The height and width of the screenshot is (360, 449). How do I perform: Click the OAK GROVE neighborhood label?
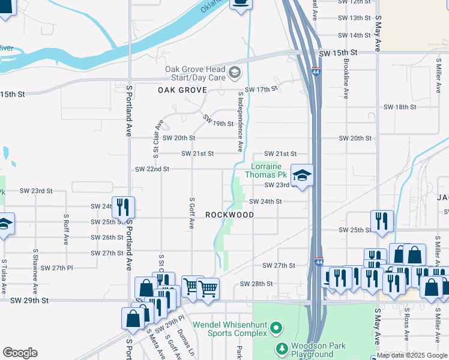[182, 90]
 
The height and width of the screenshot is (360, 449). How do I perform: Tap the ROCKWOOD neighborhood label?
[229, 215]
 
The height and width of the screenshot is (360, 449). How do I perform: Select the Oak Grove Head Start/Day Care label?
[196, 73]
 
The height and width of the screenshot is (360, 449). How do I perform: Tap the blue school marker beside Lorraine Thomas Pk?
[302, 176]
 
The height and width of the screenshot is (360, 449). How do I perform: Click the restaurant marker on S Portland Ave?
[123, 208]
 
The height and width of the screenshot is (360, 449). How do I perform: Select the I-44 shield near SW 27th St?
[319, 262]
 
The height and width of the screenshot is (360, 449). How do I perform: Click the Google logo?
[20, 353]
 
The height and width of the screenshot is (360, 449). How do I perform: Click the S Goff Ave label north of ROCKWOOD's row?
[191, 214]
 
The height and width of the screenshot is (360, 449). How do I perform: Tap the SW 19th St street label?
[217, 121]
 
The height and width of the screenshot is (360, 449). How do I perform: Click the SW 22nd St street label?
[152, 169]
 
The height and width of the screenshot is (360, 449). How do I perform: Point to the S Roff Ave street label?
[66, 231]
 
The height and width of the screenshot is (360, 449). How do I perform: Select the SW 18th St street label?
[400, 107]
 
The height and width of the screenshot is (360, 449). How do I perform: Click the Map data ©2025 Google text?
[411, 355]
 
